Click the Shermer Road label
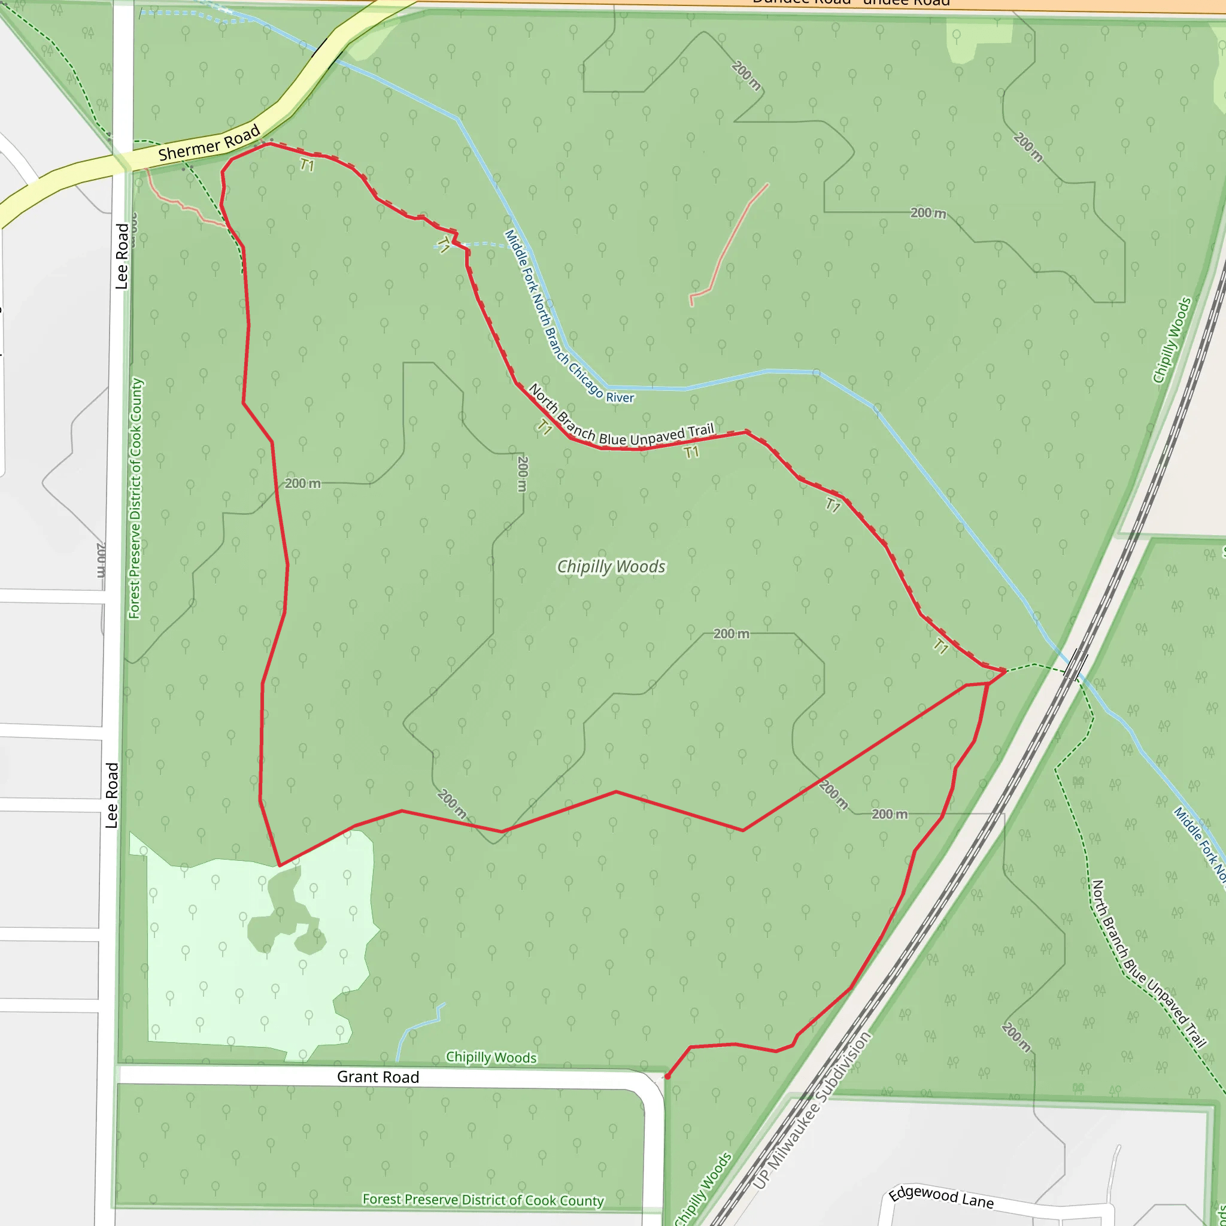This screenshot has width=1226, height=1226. tap(209, 143)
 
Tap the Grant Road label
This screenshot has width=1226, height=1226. tap(378, 1077)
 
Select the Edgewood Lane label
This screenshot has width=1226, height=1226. tap(940, 1197)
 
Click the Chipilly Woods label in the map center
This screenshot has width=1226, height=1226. tap(611, 566)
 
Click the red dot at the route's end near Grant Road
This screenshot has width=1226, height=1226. tap(667, 1077)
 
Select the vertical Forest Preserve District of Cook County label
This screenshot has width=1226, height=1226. tap(136, 498)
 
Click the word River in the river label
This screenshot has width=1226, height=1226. tap(620, 398)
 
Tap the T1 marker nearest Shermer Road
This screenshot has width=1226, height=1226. tap(307, 166)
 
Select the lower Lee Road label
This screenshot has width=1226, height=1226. tap(112, 795)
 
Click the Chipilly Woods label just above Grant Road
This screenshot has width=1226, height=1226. tap(490, 1057)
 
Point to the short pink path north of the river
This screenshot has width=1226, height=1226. tap(730, 244)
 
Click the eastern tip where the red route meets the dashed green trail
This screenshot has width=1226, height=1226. tap(1005, 670)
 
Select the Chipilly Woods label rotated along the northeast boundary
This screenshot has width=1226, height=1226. tap(1172, 340)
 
